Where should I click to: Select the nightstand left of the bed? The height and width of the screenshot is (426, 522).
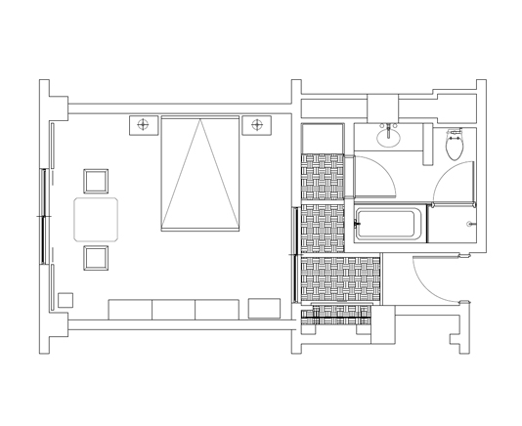(x=144, y=125)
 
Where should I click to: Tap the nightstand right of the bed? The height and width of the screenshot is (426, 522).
(x=257, y=125)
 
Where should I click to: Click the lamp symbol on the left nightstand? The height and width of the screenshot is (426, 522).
(x=144, y=124)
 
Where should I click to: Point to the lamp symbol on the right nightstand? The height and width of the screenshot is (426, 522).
(x=257, y=124)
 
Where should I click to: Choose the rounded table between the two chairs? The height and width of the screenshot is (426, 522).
(x=96, y=220)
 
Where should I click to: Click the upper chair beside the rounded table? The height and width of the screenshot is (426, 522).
(x=96, y=181)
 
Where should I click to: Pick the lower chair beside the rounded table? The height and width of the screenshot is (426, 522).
(x=96, y=258)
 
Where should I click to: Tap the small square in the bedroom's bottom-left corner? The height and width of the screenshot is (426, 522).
(x=65, y=300)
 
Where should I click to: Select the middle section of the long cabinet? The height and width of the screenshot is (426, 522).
(x=174, y=310)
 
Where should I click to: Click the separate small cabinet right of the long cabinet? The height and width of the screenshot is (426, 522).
(x=264, y=309)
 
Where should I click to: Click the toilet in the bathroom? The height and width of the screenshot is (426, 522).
(x=455, y=148)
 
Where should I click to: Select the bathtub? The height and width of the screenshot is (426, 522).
(x=389, y=225)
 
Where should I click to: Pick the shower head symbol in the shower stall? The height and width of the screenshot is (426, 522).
(x=471, y=225)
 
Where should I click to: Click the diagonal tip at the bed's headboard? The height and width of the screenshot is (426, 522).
(x=200, y=122)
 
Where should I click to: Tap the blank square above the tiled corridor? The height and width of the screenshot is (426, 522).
(x=323, y=138)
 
